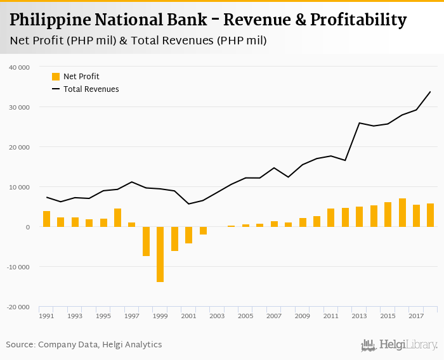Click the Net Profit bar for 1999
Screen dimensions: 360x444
[x=160, y=254]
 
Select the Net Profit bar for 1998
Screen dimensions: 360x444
[x=146, y=241]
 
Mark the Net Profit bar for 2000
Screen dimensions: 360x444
[x=174, y=239]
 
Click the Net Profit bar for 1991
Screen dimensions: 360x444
[x=46, y=219]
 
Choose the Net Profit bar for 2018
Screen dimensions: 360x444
[x=431, y=215]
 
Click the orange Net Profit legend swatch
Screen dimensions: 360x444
[x=56, y=77]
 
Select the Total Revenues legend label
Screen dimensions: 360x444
[x=91, y=89]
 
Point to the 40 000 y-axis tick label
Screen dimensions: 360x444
[x=20, y=67]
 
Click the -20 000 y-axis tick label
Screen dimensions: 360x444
[x=18, y=307]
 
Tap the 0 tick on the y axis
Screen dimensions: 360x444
[x=27, y=227]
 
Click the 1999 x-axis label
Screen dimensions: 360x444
[x=160, y=316]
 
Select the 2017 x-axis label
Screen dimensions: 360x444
[x=417, y=316]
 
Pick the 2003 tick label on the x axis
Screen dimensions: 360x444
[x=218, y=316]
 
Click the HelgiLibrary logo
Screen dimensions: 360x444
[x=399, y=345]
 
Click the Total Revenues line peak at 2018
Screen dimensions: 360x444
[x=431, y=91]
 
